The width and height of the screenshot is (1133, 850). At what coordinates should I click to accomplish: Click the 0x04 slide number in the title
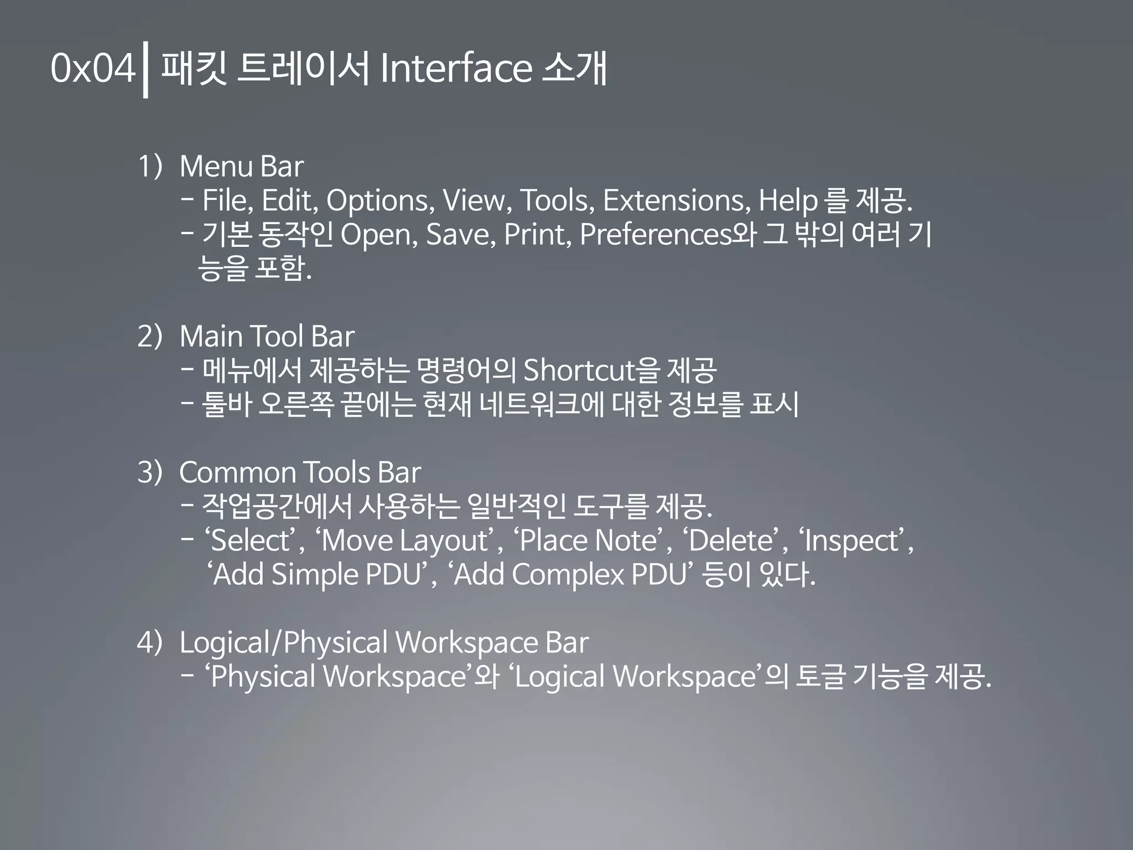[x=92, y=68]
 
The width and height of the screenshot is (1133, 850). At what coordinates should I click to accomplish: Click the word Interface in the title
[x=456, y=68]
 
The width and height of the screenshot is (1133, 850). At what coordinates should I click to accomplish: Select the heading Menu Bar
[x=242, y=166]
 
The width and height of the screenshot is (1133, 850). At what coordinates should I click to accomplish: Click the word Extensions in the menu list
[x=676, y=200]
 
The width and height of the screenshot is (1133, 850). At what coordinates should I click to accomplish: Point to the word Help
[x=788, y=200]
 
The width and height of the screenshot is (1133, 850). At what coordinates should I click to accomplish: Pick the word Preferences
[x=656, y=235]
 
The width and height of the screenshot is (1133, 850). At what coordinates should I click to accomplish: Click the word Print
[x=537, y=235]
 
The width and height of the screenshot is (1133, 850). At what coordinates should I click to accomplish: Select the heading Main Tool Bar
[x=267, y=336]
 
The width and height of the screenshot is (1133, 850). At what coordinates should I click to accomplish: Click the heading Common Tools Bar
[x=300, y=473]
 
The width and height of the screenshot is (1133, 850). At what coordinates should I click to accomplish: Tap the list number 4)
[x=149, y=642]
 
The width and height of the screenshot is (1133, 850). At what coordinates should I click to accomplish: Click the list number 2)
[x=149, y=336]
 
